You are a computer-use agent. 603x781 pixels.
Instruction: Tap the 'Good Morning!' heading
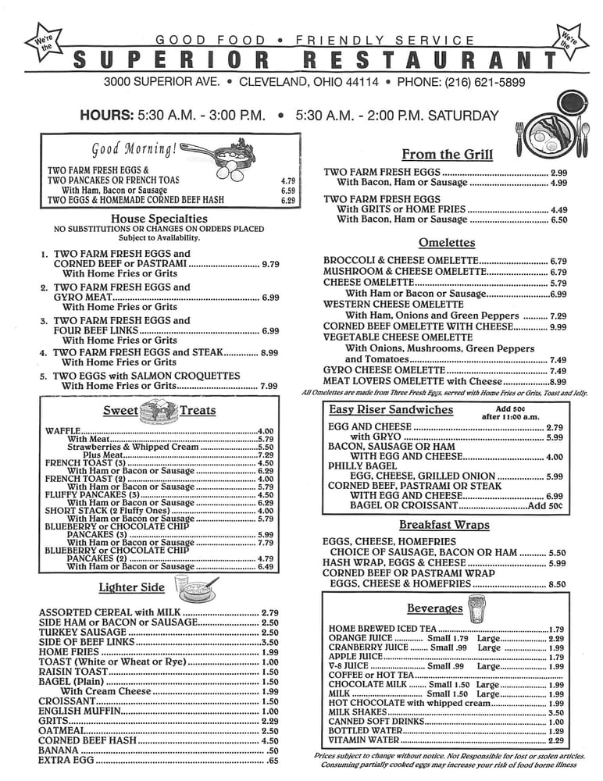[x=134, y=148]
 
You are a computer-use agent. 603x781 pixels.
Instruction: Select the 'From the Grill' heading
[x=447, y=154]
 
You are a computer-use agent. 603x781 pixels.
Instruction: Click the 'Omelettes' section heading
[x=446, y=243]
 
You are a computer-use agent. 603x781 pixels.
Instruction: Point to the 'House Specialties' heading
[x=159, y=219]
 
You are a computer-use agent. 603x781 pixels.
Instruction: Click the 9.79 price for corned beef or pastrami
[x=271, y=264]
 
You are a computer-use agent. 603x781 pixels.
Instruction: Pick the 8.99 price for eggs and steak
[x=269, y=352]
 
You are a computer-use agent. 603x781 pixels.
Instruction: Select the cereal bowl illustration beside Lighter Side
[x=194, y=587]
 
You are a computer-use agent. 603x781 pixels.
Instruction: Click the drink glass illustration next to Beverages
[x=476, y=608]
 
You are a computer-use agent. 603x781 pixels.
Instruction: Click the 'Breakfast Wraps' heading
[x=444, y=525]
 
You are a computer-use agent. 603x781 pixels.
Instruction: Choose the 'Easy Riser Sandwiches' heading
[x=391, y=409]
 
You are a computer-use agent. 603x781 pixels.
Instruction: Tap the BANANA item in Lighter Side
[x=59, y=750]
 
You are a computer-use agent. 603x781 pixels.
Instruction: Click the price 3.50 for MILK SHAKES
[x=556, y=712]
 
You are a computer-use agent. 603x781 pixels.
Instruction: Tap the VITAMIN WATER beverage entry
[x=364, y=740]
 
